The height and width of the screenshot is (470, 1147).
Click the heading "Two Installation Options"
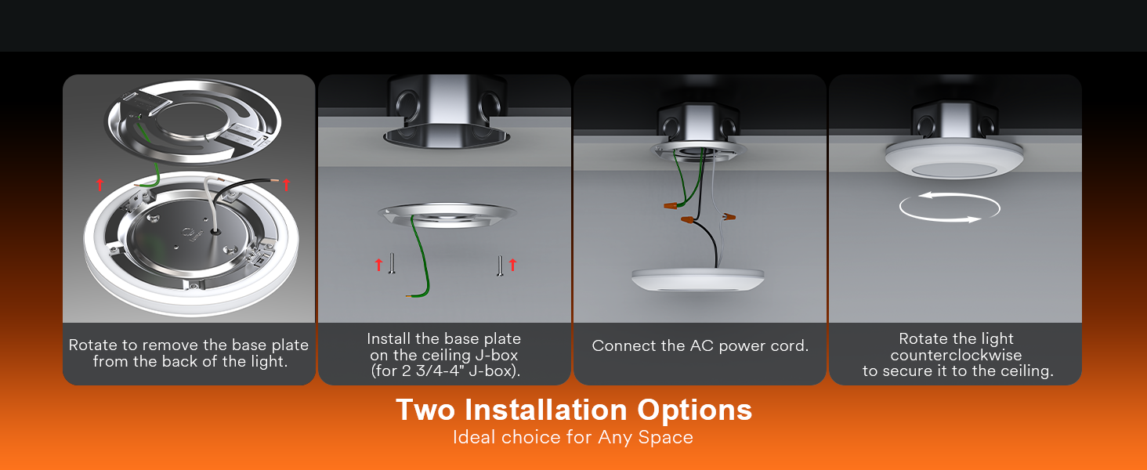573,410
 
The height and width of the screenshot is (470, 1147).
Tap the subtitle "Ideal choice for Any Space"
573,437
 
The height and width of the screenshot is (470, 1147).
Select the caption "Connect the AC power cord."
700,345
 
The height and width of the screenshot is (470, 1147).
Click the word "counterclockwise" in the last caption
956,355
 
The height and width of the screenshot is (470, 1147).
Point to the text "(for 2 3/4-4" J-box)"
445,371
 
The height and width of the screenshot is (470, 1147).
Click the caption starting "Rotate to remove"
189,353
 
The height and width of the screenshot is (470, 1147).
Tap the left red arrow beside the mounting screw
378,265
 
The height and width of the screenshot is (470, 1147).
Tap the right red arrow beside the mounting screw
512,265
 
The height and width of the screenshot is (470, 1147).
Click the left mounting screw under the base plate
392,263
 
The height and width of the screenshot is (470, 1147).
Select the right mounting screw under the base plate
500,266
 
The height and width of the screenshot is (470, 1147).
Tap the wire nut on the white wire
729,217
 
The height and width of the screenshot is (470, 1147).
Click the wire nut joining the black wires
687,220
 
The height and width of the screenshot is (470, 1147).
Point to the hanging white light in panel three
697,280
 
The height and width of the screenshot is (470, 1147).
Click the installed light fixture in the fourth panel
954,159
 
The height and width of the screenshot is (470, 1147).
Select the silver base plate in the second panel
447,215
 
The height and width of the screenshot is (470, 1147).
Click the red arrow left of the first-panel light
100,184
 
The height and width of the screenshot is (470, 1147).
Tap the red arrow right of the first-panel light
286,184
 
